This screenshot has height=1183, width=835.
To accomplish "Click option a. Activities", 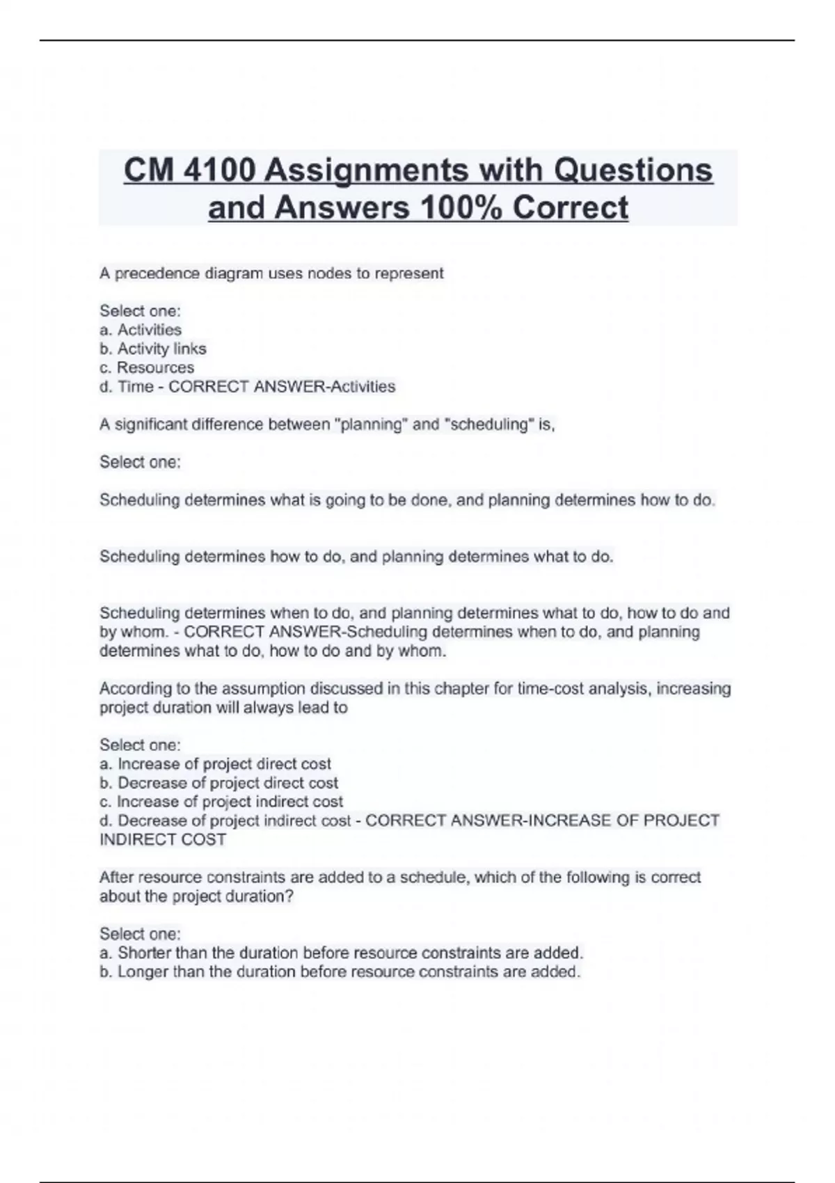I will coord(141,330).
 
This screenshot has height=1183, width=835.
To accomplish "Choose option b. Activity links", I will coord(153,349).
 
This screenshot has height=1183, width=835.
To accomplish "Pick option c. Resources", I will coord(147,367).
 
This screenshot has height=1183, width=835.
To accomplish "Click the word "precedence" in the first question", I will coord(157,273).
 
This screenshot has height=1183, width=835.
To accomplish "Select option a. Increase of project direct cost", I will coord(216,764).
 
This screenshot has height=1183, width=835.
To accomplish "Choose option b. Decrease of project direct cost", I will coord(219,783).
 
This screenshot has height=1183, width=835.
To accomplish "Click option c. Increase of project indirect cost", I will coord(221,802).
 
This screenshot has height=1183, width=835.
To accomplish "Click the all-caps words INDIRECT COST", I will coord(163,840).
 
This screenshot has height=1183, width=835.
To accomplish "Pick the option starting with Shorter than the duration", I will coord(341,953).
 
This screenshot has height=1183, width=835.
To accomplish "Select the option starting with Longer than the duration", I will coord(340,971).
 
